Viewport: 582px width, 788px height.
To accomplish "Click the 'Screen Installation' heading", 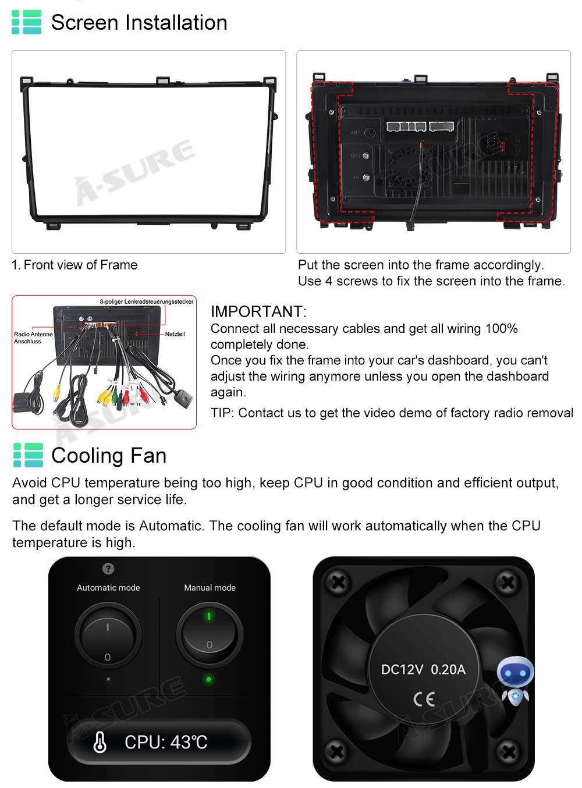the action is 139,22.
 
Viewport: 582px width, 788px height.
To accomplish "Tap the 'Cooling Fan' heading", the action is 109,456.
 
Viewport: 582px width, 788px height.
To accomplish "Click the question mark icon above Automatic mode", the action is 108,569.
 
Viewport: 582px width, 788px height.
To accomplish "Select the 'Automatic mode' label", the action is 108,588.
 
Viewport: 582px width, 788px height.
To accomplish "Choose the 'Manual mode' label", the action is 210,588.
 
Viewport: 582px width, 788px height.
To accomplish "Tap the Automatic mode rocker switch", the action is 108,636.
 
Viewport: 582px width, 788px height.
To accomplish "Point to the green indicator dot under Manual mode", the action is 208,679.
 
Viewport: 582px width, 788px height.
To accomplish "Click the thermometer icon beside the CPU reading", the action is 100,742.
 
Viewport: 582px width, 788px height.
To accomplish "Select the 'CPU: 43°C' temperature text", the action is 165,742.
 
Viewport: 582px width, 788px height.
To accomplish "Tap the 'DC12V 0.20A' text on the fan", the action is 423,669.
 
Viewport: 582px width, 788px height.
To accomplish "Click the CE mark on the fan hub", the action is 424,699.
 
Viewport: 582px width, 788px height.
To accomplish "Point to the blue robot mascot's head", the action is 515,671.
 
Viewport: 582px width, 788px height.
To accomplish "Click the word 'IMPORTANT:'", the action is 258,311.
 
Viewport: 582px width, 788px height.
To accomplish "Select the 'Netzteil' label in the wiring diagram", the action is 175,334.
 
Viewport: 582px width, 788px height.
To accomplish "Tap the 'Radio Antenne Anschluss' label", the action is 33,338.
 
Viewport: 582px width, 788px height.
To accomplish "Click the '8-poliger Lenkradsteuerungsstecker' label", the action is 147,301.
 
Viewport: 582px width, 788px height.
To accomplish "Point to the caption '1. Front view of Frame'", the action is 74,265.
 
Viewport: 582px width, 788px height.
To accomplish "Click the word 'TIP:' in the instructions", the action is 222,413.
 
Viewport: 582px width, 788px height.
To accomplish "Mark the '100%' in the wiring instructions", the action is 501,328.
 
